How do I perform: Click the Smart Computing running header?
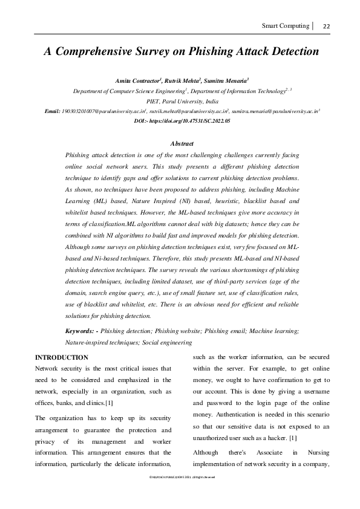tap(285, 26)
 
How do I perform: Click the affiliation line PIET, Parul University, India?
tap(180, 102)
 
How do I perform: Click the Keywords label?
tap(81, 331)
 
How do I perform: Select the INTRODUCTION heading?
tap(62, 357)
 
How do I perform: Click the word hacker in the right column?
tap(277, 436)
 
